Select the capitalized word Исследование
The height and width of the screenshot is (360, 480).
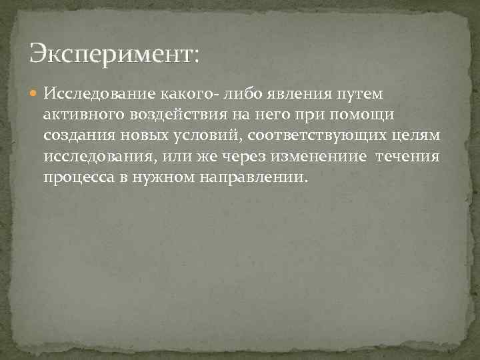[99, 91]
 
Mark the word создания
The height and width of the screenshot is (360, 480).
[79, 135]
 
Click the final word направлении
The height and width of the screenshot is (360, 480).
[262, 179]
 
